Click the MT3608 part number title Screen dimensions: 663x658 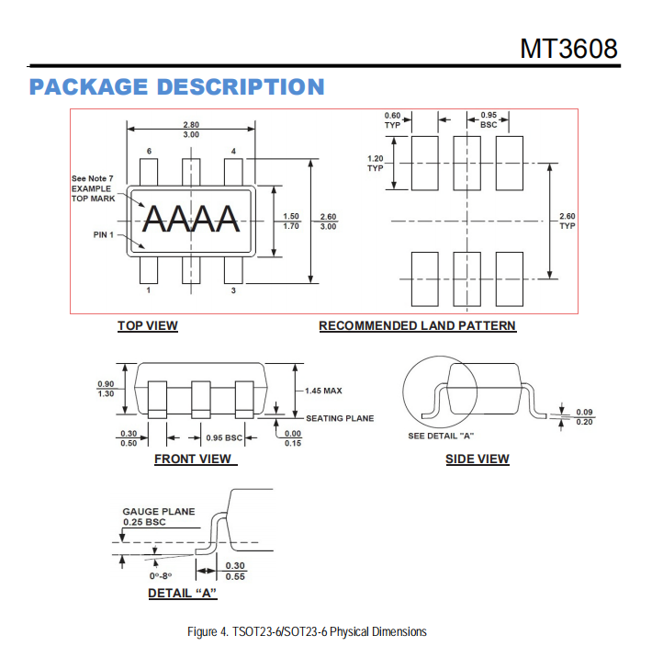tap(568, 49)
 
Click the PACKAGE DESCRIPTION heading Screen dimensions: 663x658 tap(176, 86)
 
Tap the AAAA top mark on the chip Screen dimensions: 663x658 tap(191, 219)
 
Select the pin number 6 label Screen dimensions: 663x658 tap(149, 151)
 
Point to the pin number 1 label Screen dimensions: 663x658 tap(149, 290)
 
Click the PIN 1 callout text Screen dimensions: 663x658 tap(104, 234)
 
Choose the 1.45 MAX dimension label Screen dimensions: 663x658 tap(323, 391)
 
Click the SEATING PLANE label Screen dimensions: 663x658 tap(340, 418)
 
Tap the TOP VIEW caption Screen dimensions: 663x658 tap(148, 325)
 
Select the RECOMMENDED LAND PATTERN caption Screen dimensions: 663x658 tap(417, 325)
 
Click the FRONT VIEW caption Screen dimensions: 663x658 tap(193, 459)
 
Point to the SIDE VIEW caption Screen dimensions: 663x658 tap(478, 459)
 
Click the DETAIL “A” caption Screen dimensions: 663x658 tap(182, 593)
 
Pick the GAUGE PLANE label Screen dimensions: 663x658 tap(159, 511)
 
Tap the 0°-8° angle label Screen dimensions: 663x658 tap(161, 576)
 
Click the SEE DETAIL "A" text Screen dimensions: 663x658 tap(441, 436)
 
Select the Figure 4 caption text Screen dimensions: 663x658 tap(307, 631)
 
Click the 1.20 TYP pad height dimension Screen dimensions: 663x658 tap(376, 164)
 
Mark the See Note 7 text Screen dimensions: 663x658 tap(92, 178)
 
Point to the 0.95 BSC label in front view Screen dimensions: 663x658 tap(224, 437)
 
